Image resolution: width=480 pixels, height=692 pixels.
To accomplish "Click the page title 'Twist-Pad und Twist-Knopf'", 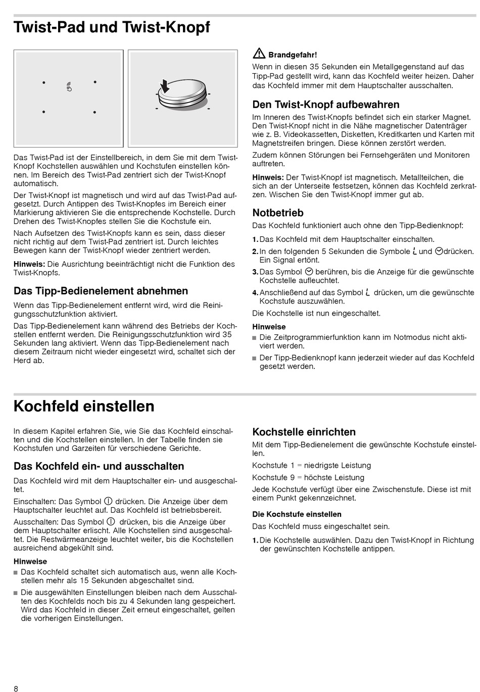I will point(112,27).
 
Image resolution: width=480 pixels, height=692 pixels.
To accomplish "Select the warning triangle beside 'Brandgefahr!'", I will point(259,54).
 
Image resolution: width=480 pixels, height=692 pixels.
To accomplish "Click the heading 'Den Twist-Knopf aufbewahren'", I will point(326,105).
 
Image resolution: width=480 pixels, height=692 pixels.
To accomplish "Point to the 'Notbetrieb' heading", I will point(278,213).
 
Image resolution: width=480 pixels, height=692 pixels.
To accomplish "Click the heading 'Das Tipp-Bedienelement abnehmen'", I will point(101,291).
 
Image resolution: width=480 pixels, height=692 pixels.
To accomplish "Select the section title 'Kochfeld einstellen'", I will point(84,406).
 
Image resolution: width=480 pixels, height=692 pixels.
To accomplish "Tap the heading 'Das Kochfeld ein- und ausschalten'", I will point(99,466).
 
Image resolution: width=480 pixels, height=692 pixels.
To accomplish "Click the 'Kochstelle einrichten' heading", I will point(304,432).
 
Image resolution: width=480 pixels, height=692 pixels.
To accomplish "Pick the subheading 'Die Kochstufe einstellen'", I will point(297,514).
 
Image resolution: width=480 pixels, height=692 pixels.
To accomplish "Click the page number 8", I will point(16,688).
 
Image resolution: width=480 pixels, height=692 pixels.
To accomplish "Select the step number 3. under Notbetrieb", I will point(255,272).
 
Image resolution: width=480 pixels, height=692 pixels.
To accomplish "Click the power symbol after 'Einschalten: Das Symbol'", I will point(108,501).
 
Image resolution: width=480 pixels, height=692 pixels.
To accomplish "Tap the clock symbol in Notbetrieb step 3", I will point(310,271).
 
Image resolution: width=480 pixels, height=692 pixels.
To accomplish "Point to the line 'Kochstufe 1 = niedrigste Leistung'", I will point(311,465).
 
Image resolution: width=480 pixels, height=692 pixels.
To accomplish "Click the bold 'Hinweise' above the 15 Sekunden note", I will point(30,561).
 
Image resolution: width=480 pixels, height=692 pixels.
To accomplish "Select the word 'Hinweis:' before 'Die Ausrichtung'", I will point(29,264).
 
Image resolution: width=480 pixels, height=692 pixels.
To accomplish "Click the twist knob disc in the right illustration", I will point(182,96).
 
